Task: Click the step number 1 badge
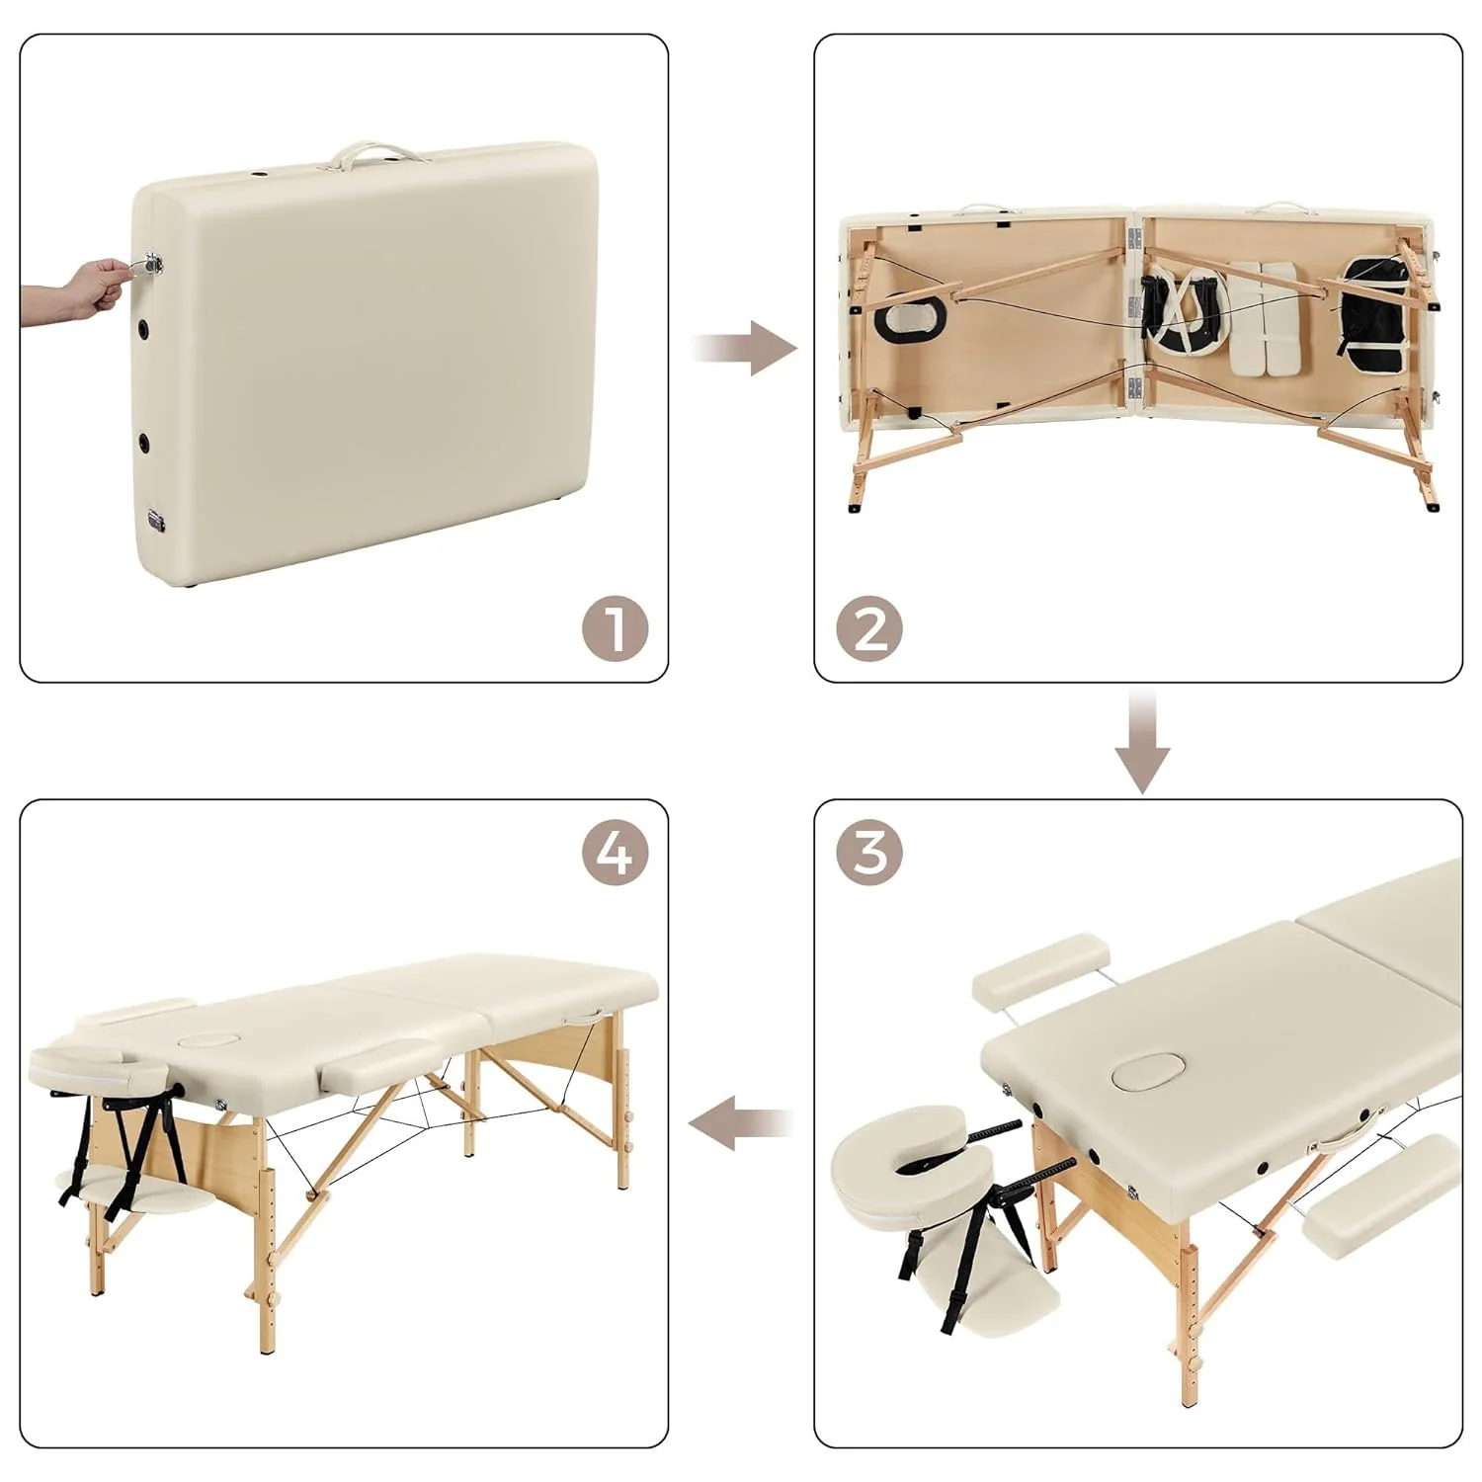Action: pos(615,628)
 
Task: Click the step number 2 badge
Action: pos(869,628)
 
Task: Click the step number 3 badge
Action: pos(869,852)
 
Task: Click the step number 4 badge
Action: pos(615,852)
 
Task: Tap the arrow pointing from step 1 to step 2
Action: pos(743,348)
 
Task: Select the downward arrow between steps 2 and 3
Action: pos(1142,743)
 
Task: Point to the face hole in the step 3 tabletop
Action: pos(1143,1072)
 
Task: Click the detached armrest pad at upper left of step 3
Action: pos(1040,972)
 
